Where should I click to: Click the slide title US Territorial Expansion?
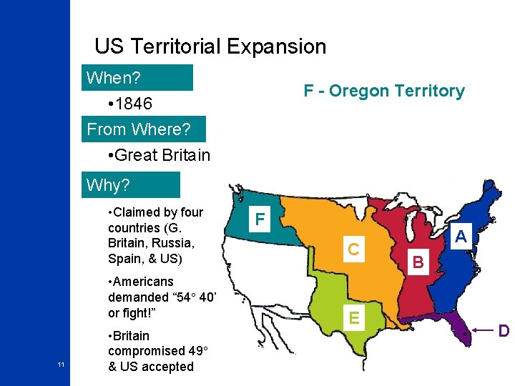210,47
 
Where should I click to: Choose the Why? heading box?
131,185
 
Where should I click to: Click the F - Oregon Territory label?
384,91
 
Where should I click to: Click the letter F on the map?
260,219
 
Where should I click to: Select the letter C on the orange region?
353,249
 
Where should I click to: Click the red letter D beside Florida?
504,331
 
